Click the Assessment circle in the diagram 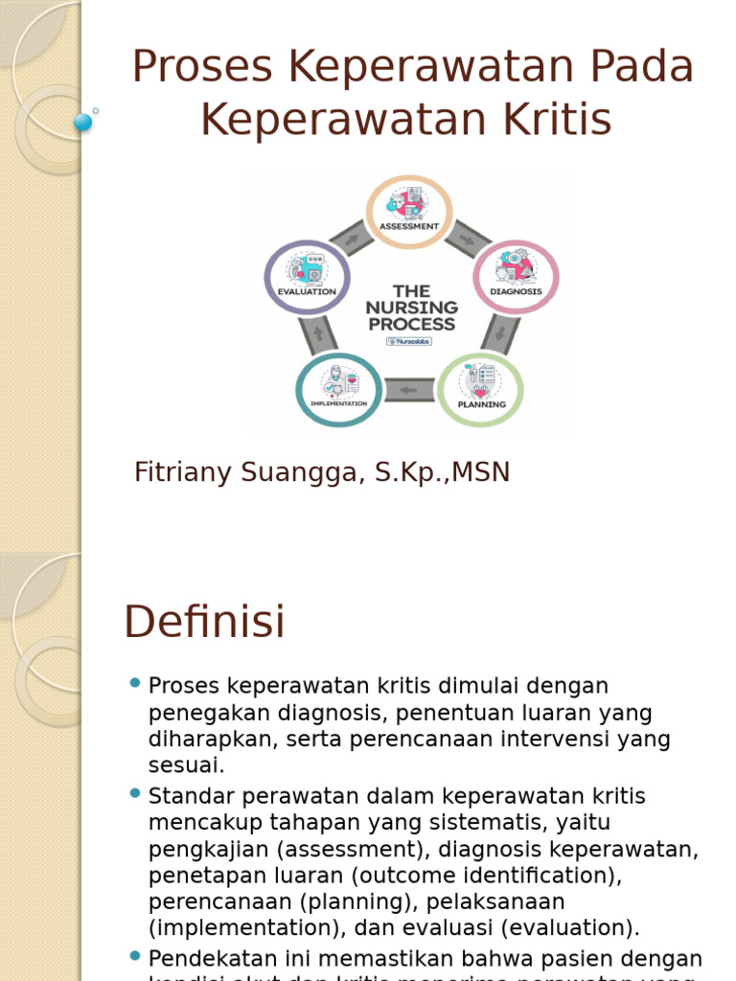tap(409, 210)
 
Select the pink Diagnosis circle tap(516, 276)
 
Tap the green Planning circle tap(480, 389)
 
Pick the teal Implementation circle tap(338, 389)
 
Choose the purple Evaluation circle tap(307, 276)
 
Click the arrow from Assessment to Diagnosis tap(469, 237)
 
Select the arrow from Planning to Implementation tap(409, 390)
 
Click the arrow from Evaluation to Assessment tap(349, 237)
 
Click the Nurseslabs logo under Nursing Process tap(409, 341)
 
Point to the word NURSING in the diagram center tap(411, 308)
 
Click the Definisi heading tap(204, 622)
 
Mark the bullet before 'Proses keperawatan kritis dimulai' tap(134, 683)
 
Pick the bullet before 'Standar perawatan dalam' tap(134, 793)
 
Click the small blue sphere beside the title tap(82, 122)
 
